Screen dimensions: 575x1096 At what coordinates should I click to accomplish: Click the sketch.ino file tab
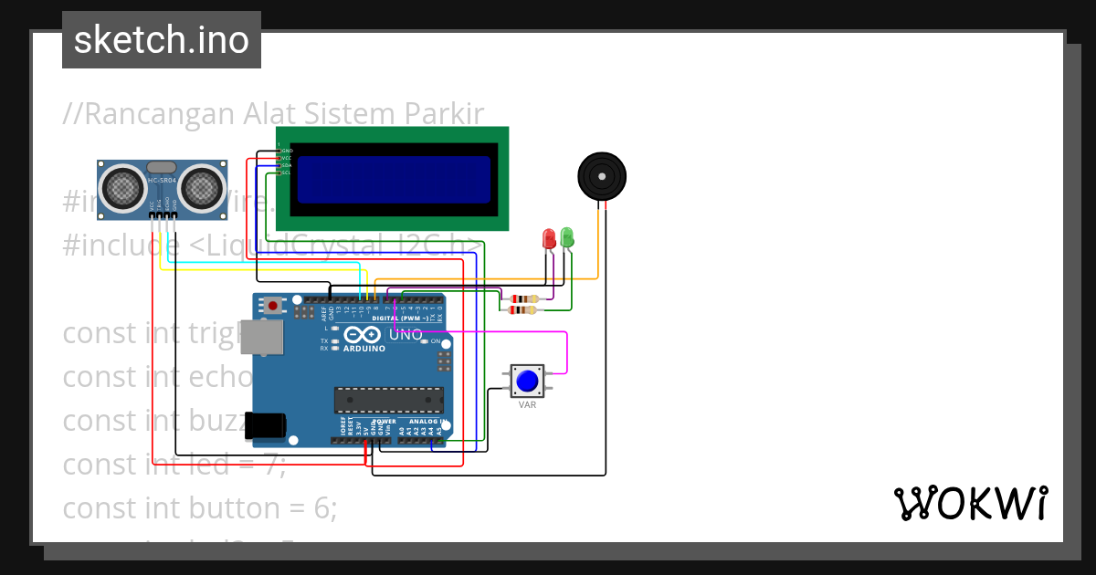tap(162, 40)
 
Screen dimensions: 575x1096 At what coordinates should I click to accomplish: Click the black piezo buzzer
tap(602, 174)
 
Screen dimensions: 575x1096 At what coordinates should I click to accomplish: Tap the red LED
tap(549, 239)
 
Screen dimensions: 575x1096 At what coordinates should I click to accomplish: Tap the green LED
tap(566, 237)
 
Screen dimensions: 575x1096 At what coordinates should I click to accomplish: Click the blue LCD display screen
tap(393, 179)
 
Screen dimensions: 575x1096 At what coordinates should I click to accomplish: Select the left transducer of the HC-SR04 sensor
tap(121, 188)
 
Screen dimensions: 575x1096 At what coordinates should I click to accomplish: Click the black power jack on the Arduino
tap(267, 424)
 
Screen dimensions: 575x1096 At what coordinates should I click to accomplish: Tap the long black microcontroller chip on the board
tap(388, 400)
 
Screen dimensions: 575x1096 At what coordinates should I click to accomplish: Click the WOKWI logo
tap(970, 504)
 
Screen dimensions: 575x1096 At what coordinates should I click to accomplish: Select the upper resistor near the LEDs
tap(524, 298)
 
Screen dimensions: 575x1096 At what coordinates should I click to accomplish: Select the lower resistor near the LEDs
tap(522, 310)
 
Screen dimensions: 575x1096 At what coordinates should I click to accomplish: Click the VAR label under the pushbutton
tap(527, 404)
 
